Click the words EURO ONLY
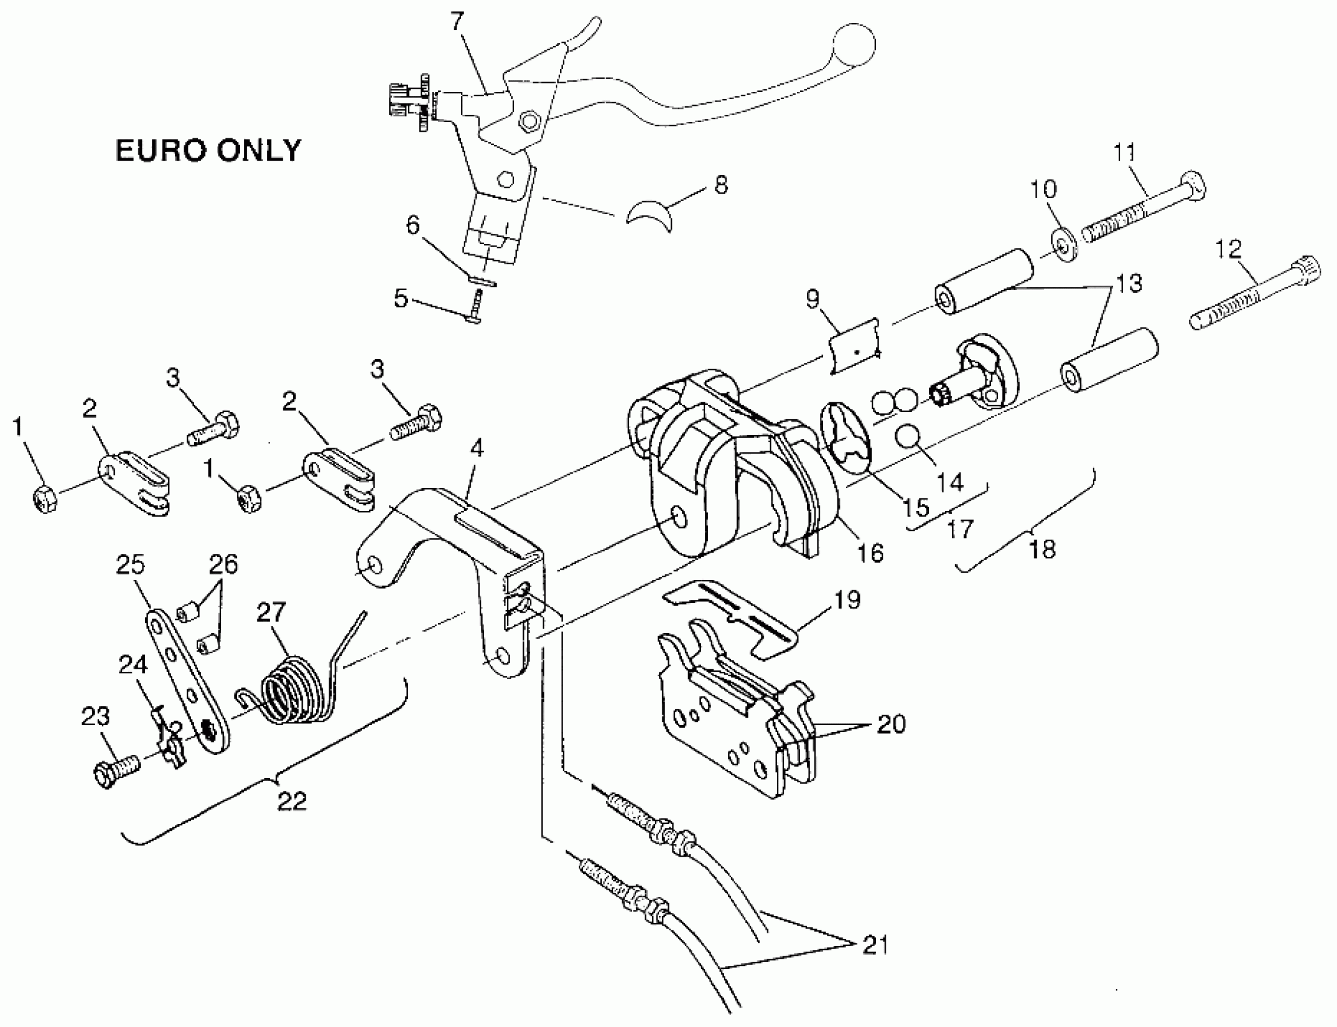point(208,150)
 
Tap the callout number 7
point(457,22)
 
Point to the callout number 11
point(1124,152)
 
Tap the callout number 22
point(291,801)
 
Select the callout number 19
point(847,600)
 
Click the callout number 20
point(891,724)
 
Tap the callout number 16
point(871,553)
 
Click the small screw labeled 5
point(475,307)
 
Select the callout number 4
point(477,448)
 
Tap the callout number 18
point(1042,549)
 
